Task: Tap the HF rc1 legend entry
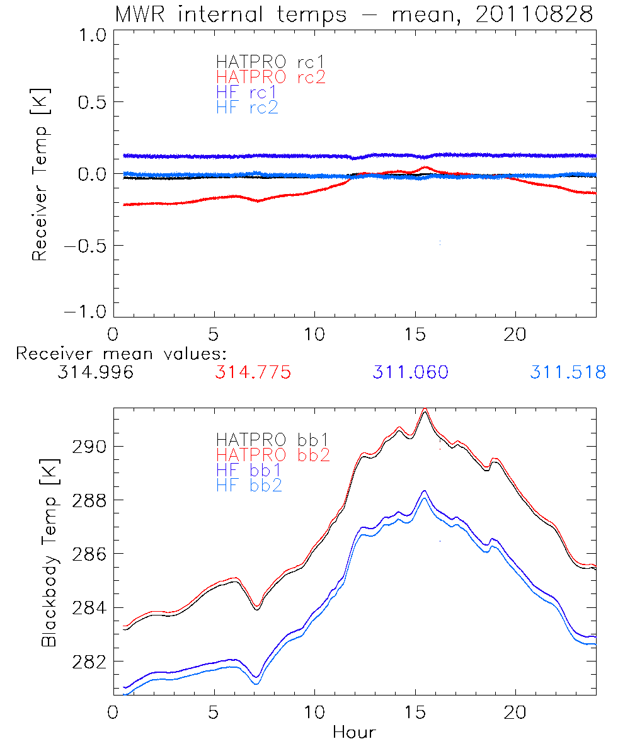247,92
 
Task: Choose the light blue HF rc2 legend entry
247,107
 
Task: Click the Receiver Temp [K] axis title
40,174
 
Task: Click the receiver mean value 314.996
95,372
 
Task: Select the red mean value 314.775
253,372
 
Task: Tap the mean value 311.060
410,372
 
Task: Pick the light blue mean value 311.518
568,372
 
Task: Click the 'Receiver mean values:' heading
121,353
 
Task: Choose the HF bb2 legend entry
249,485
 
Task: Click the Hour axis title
354,733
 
